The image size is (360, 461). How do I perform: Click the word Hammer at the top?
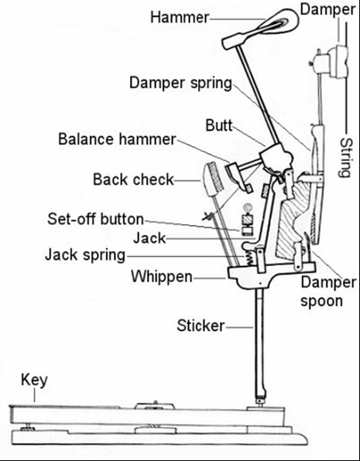click(180, 17)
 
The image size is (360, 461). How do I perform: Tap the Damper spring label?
click(180, 83)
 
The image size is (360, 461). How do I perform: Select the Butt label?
click(218, 125)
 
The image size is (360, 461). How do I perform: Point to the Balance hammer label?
click(117, 138)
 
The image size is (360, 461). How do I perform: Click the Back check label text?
click(133, 179)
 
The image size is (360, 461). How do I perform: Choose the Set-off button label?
click(96, 219)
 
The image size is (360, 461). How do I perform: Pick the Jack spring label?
click(85, 255)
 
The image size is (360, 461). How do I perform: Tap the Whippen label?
click(162, 277)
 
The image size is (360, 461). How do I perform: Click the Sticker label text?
click(201, 326)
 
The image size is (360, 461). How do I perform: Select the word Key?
click(34, 381)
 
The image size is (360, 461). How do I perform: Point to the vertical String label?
click(346, 158)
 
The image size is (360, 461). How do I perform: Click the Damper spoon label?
click(328, 292)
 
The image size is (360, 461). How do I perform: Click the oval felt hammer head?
click(279, 22)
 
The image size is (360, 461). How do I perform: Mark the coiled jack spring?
click(249, 256)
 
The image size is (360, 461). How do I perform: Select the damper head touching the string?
click(338, 62)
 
